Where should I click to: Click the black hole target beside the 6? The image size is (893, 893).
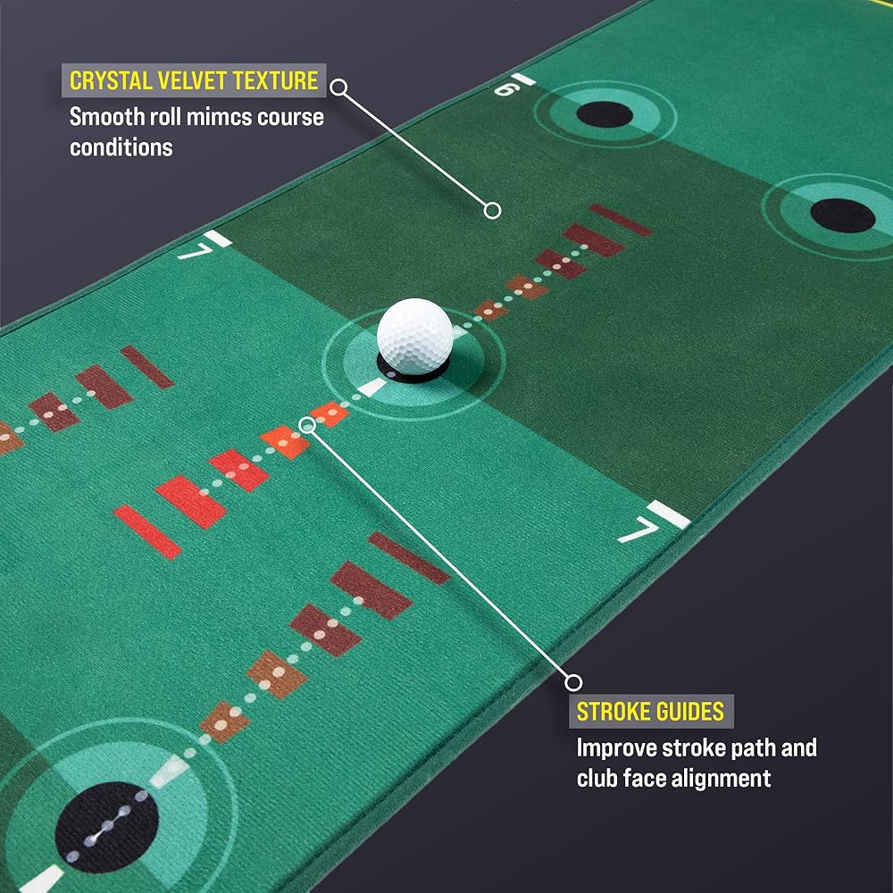tap(605, 113)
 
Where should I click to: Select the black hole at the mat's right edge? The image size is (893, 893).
tap(841, 215)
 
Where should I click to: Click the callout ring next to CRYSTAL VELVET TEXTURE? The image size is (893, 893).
tap(338, 87)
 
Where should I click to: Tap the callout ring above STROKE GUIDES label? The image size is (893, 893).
tap(574, 683)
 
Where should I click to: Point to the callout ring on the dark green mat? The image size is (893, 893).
tap(491, 211)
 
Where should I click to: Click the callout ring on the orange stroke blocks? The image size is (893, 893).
tap(307, 425)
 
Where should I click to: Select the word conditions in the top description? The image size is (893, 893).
tap(121, 146)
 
